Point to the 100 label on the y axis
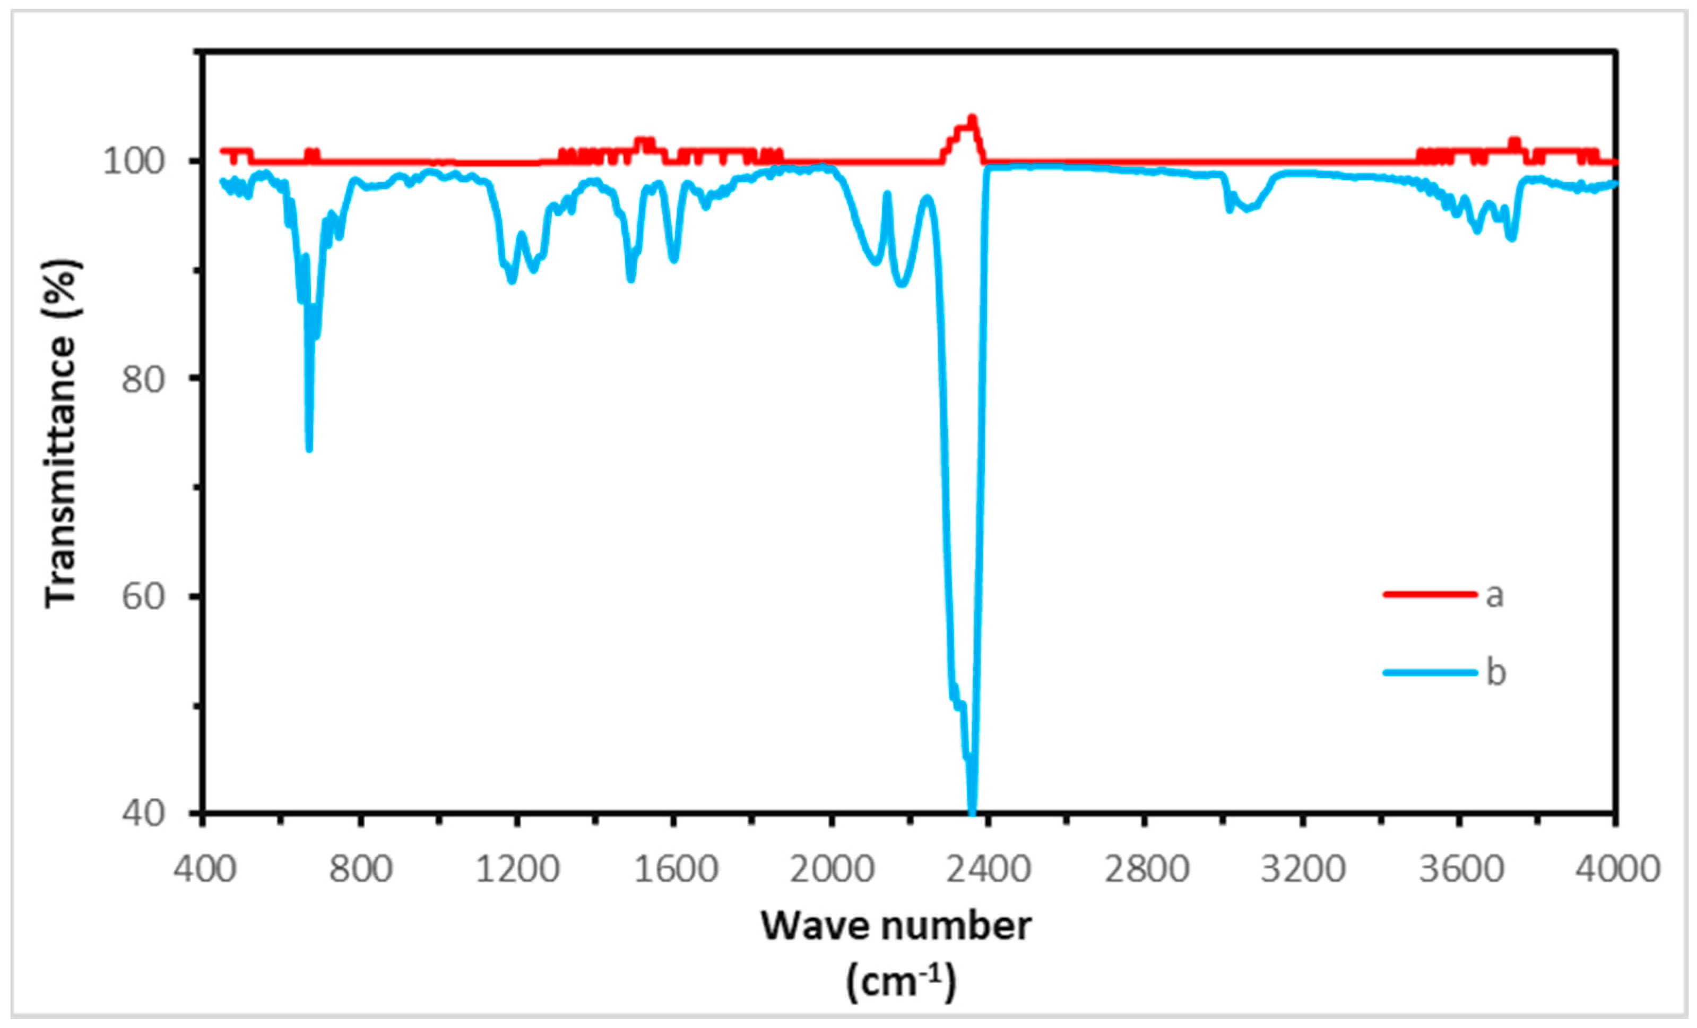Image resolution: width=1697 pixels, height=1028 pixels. point(134,161)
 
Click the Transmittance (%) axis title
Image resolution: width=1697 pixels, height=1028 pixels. point(62,434)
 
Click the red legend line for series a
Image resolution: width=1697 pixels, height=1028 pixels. point(1430,594)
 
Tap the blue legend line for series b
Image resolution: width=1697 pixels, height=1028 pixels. point(1430,672)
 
